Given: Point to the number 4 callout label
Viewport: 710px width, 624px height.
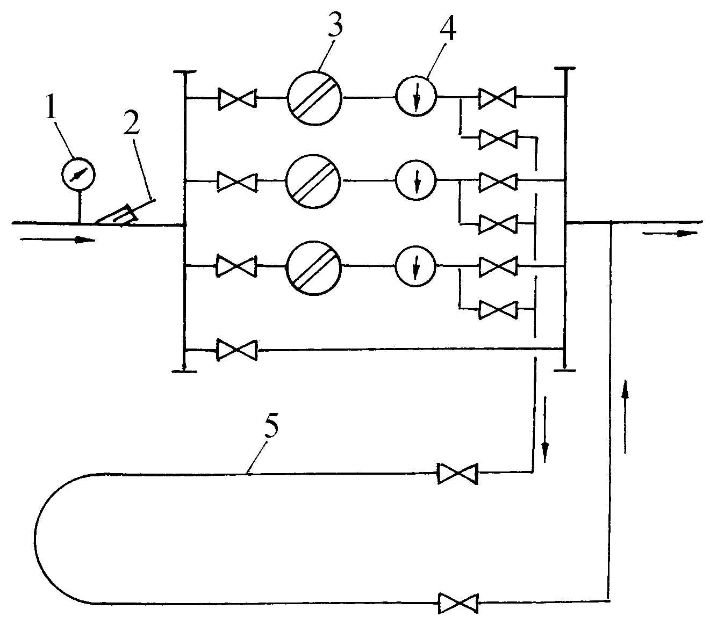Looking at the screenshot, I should pyautogui.click(x=448, y=30).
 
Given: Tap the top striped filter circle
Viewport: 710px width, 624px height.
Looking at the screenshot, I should pyautogui.click(x=314, y=98).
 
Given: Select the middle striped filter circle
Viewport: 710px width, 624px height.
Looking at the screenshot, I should pyautogui.click(x=313, y=182).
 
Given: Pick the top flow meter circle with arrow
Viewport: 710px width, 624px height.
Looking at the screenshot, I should pyautogui.click(x=417, y=97).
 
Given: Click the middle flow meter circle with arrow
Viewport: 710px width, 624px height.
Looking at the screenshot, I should pyautogui.click(x=417, y=181).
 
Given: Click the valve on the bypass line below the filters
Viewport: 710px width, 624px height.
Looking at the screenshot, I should pyautogui.click(x=236, y=350).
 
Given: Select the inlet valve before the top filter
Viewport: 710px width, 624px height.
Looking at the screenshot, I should pyautogui.click(x=237, y=98).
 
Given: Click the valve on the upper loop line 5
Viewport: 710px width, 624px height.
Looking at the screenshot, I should pyautogui.click(x=457, y=473).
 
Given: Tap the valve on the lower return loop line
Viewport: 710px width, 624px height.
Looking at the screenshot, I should pyautogui.click(x=458, y=603).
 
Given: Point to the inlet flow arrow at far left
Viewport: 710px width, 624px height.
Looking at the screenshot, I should pyautogui.click(x=58, y=240).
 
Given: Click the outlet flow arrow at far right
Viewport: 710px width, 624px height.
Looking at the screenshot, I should pyautogui.click(x=670, y=233).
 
